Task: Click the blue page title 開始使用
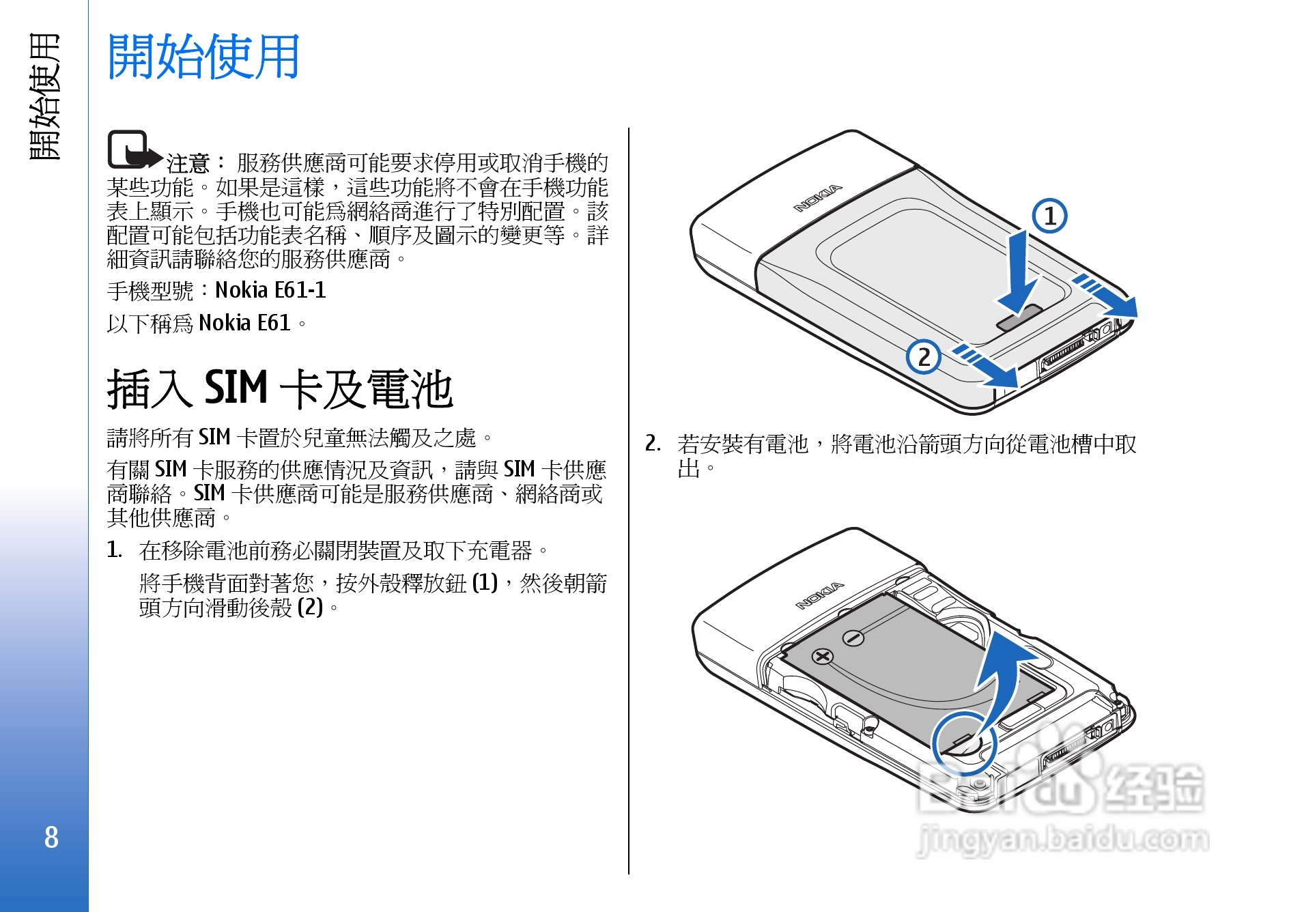203,57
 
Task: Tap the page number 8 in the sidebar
51,837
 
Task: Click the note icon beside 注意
134,149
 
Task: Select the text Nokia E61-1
270,290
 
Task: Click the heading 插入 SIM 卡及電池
280,389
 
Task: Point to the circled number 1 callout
1049,216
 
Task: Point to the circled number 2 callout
924,356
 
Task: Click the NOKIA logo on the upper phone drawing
817,198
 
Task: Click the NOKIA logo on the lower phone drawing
819,596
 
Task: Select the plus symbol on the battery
823,657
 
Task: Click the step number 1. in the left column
115,550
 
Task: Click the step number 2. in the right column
653,444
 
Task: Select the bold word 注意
188,163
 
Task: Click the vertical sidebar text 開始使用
45,96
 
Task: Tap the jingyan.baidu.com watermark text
1062,839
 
